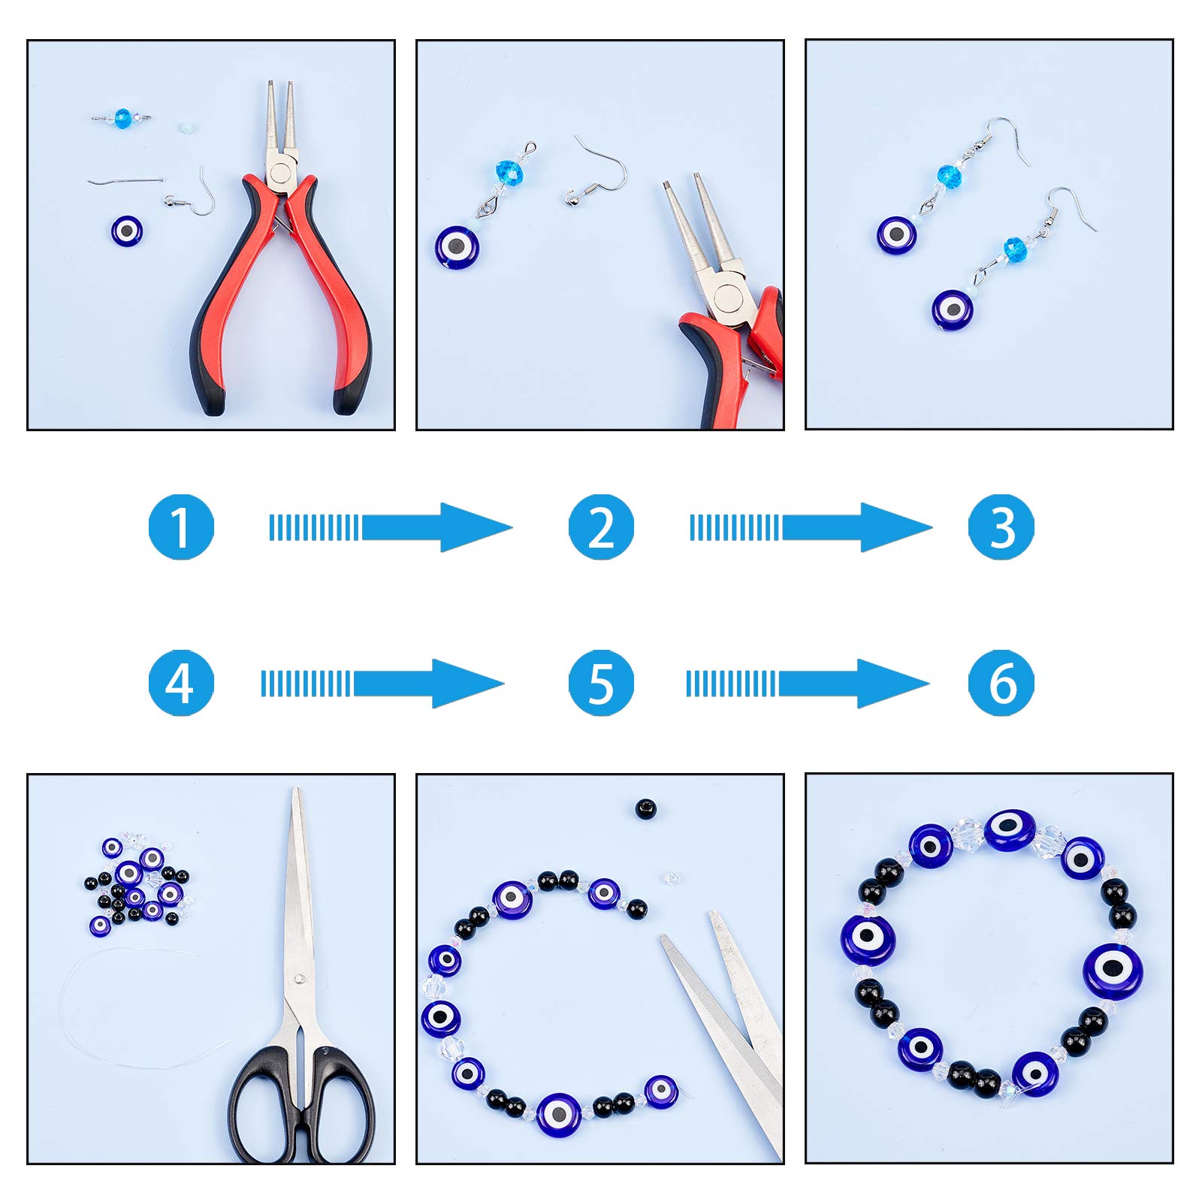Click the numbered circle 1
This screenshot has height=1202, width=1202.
[181, 527]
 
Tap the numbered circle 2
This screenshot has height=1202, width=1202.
[601, 527]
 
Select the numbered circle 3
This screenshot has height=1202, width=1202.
[1001, 527]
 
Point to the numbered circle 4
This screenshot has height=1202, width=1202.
[181, 683]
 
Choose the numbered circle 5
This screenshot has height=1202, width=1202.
[601, 683]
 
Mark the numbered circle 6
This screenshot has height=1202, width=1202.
[1001, 683]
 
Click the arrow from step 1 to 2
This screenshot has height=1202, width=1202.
[391, 527]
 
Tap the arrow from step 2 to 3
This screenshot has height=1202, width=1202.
[811, 527]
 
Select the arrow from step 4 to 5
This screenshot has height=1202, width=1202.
[382, 684]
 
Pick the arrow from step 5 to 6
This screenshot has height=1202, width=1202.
[808, 684]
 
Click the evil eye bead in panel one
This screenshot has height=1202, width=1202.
[126, 231]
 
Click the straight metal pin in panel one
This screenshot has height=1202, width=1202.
[125, 180]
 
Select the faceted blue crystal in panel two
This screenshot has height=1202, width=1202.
[509, 174]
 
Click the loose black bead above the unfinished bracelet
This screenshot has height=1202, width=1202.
[645, 809]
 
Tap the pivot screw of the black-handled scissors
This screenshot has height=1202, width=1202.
[300, 980]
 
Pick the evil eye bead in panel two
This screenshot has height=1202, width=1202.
[457, 247]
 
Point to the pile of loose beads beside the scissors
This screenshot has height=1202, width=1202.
[137, 886]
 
